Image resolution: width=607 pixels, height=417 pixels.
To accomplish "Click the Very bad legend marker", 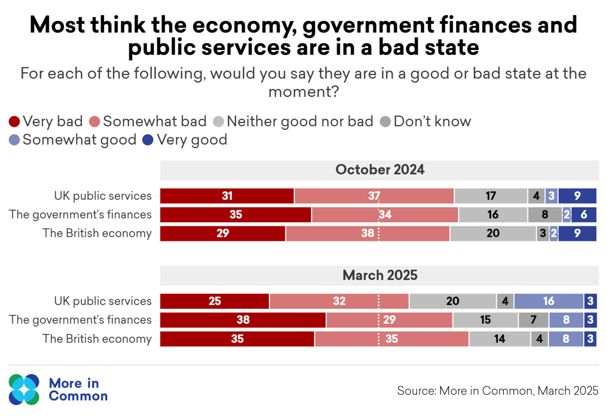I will point(15,121).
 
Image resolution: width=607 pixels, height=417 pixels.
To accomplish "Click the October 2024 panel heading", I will point(379,170).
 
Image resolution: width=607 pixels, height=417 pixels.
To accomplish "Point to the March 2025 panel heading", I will point(379,275).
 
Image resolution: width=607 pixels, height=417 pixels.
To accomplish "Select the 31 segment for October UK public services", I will point(227,196).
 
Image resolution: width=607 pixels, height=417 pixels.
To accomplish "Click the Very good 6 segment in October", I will point(584,215).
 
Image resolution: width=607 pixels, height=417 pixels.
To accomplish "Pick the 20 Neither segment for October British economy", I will point(493,234).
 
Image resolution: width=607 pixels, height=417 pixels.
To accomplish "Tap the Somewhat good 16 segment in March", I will point(548,301).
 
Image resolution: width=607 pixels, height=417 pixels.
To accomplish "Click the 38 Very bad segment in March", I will point(243,320).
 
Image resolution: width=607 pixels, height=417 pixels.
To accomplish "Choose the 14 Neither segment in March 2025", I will point(500,339).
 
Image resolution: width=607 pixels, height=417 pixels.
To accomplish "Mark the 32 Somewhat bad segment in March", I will point(339,301).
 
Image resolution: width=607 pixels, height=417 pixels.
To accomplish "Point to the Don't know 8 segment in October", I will point(545,215).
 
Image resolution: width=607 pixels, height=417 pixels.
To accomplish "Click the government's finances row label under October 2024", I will point(80,215).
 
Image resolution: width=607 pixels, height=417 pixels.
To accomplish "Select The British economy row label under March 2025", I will point(97,339).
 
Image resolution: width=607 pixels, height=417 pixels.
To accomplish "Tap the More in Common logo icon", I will point(24,389).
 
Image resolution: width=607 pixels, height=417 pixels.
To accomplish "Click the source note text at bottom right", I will point(498,390).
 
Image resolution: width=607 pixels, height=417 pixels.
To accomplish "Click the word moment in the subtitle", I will point(303,92).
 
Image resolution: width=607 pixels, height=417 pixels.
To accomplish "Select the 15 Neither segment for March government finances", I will point(485,320).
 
